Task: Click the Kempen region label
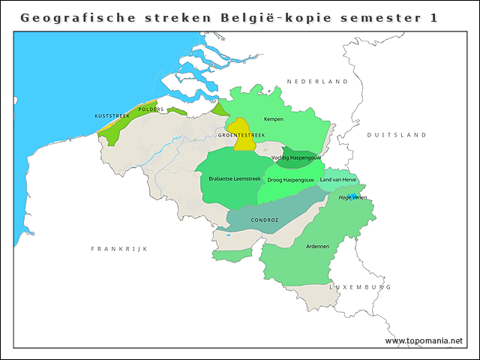[274, 119]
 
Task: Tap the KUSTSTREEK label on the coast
[112, 116]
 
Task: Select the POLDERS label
[151, 109]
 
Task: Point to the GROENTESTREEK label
[241, 136]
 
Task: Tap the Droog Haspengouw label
[290, 180]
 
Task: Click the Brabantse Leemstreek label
[234, 179]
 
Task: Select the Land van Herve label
[338, 180]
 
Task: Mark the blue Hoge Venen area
[352, 196]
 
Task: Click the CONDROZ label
[265, 220]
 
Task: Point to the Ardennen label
[318, 246]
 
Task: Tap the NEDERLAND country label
[317, 81]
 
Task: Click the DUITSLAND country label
[396, 135]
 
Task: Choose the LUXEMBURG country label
[360, 287]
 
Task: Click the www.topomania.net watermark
[424, 341]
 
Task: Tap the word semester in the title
[376, 17]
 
